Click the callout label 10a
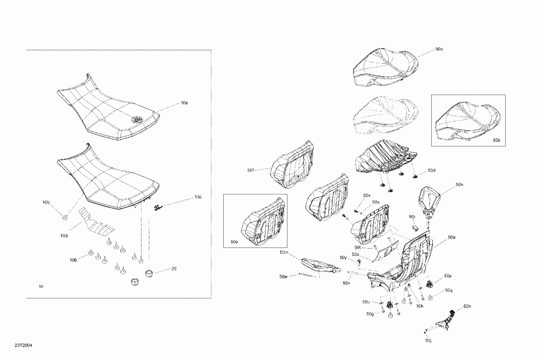click(x=184, y=103)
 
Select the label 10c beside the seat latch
click(x=198, y=197)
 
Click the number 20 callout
click(x=174, y=269)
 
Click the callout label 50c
click(x=439, y=49)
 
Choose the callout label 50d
click(x=431, y=170)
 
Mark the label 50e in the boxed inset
click(x=234, y=241)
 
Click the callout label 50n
click(x=459, y=184)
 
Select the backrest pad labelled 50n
click(x=430, y=200)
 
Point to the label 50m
click(x=284, y=253)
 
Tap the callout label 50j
click(x=428, y=340)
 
